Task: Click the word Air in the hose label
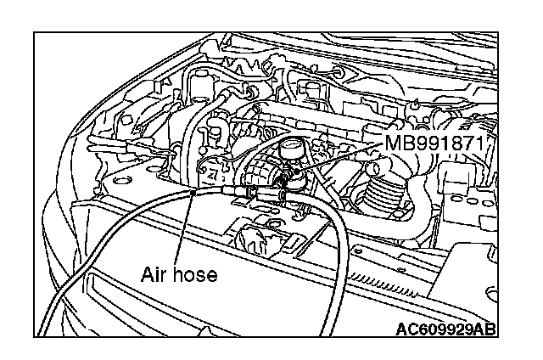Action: point(154,274)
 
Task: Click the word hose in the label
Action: point(196,274)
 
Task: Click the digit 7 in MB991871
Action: point(478,142)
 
